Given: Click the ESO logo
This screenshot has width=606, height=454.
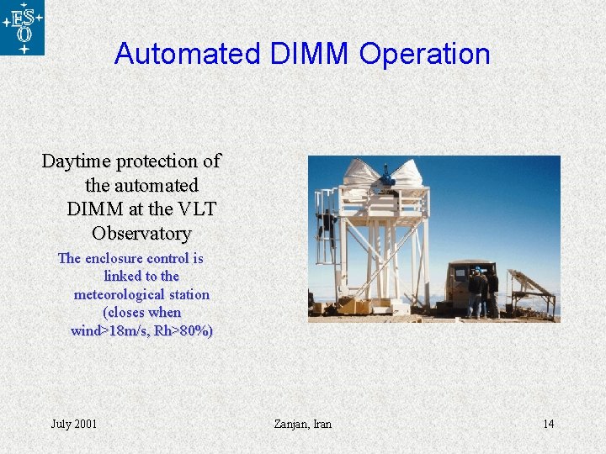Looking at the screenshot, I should [23, 28].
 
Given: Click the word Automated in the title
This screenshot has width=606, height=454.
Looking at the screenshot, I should [187, 54].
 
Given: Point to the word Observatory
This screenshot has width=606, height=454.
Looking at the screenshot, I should [141, 233].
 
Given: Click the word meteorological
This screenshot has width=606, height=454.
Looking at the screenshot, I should [141, 294].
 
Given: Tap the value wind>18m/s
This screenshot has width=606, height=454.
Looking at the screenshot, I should [109, 330].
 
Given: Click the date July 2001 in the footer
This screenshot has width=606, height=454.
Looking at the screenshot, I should [74, 424].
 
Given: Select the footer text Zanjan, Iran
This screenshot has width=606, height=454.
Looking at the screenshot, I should [303, 424].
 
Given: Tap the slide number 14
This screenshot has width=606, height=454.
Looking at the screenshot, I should [548, 424].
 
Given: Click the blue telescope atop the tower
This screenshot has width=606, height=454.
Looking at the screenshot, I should [386, 177].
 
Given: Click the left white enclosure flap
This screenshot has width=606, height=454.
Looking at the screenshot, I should [359, 174].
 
